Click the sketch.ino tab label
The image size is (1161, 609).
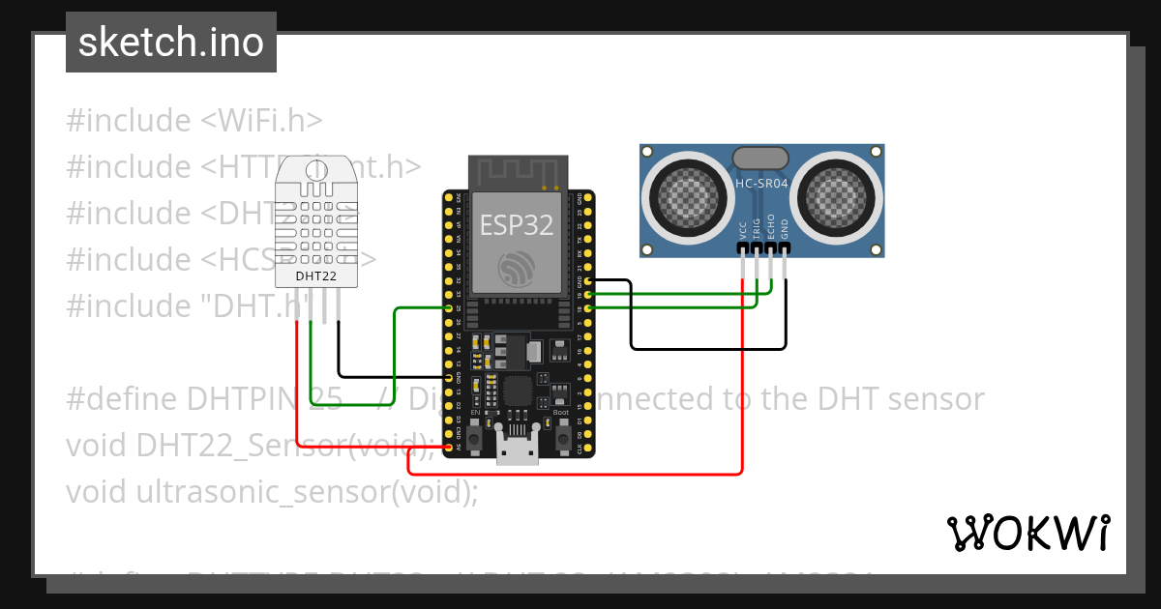tap(170, 43)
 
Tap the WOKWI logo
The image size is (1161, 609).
tap(1027, 533)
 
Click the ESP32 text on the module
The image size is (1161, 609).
tap(517, 225)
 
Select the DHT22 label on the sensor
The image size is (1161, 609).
tap(315, 275)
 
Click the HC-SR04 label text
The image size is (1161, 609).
tap(762, 183)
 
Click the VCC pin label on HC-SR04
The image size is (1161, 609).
tap(743, 231)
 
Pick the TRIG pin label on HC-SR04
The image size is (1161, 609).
tap(757, 229)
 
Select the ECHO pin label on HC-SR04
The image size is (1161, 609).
tap(771, 227)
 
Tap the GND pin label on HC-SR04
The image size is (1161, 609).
tap(785, 229)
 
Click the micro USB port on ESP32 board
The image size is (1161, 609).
tap(518, 449)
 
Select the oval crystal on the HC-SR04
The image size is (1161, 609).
tap(762, 158)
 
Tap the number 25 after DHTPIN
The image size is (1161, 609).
tap(324, 398)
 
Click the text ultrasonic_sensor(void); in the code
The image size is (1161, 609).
tap(307, 491)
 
